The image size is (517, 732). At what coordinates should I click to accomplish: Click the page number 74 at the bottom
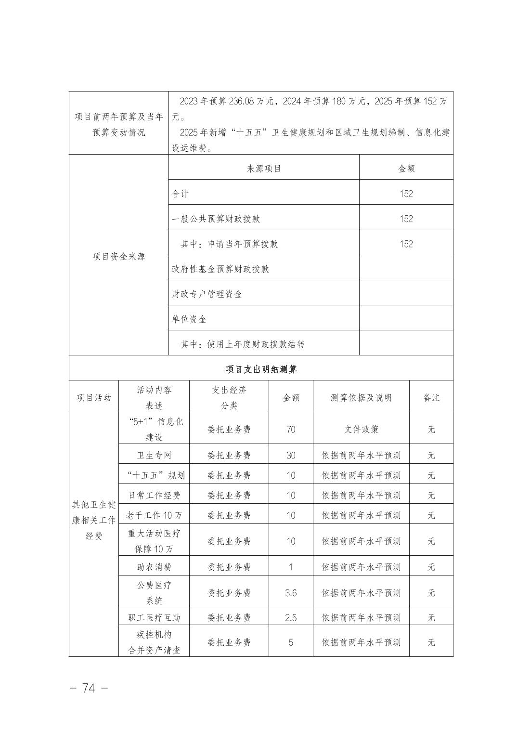pos(89,688)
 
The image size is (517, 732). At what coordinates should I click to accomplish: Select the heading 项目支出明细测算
pos(261,369)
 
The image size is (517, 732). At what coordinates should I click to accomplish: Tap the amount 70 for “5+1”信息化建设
pos(291,429)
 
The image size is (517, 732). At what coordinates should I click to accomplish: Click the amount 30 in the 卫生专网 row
pos(291,455)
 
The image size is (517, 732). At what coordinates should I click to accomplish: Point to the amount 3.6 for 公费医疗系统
pos(291,593)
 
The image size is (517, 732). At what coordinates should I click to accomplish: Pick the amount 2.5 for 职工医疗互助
pos(291,617)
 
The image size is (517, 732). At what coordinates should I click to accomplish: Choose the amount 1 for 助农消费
pos(291,567)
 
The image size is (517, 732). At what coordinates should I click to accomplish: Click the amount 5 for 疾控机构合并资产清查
pos(291,642)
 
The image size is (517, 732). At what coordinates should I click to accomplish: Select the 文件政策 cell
pos(361,429)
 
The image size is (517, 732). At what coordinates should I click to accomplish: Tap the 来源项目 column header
pos(264,169)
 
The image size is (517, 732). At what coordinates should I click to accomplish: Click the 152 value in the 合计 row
pos(406,194)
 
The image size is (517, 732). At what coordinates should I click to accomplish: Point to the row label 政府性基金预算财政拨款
pos(220,269)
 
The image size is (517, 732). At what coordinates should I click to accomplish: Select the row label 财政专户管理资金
pos(207,294)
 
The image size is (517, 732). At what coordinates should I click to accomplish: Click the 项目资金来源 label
pos(118,256)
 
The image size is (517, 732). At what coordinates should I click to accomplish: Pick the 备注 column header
pos(431,397)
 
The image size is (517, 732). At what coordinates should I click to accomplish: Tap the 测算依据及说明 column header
pos(361,397)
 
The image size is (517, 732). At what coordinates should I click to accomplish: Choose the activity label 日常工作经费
pos(154,495)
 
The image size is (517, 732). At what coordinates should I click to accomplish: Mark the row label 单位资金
pos(189,319)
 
